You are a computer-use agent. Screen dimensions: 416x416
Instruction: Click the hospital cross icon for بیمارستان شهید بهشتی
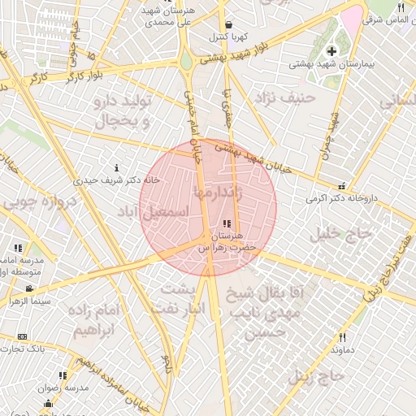(x=331, y=52)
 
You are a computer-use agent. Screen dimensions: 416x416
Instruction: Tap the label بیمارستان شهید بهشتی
(x=331, y=63)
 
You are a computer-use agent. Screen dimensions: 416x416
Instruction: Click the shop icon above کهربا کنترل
(x=228, y=24)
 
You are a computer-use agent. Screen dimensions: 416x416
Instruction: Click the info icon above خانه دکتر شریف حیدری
(x=118, y=168)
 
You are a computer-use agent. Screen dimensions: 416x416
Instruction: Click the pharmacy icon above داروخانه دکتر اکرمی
(x=341, y=185)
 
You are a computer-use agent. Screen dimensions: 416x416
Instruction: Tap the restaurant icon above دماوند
(x=342, y=337)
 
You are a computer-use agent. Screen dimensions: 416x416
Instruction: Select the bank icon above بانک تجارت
(x=22, y=336)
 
